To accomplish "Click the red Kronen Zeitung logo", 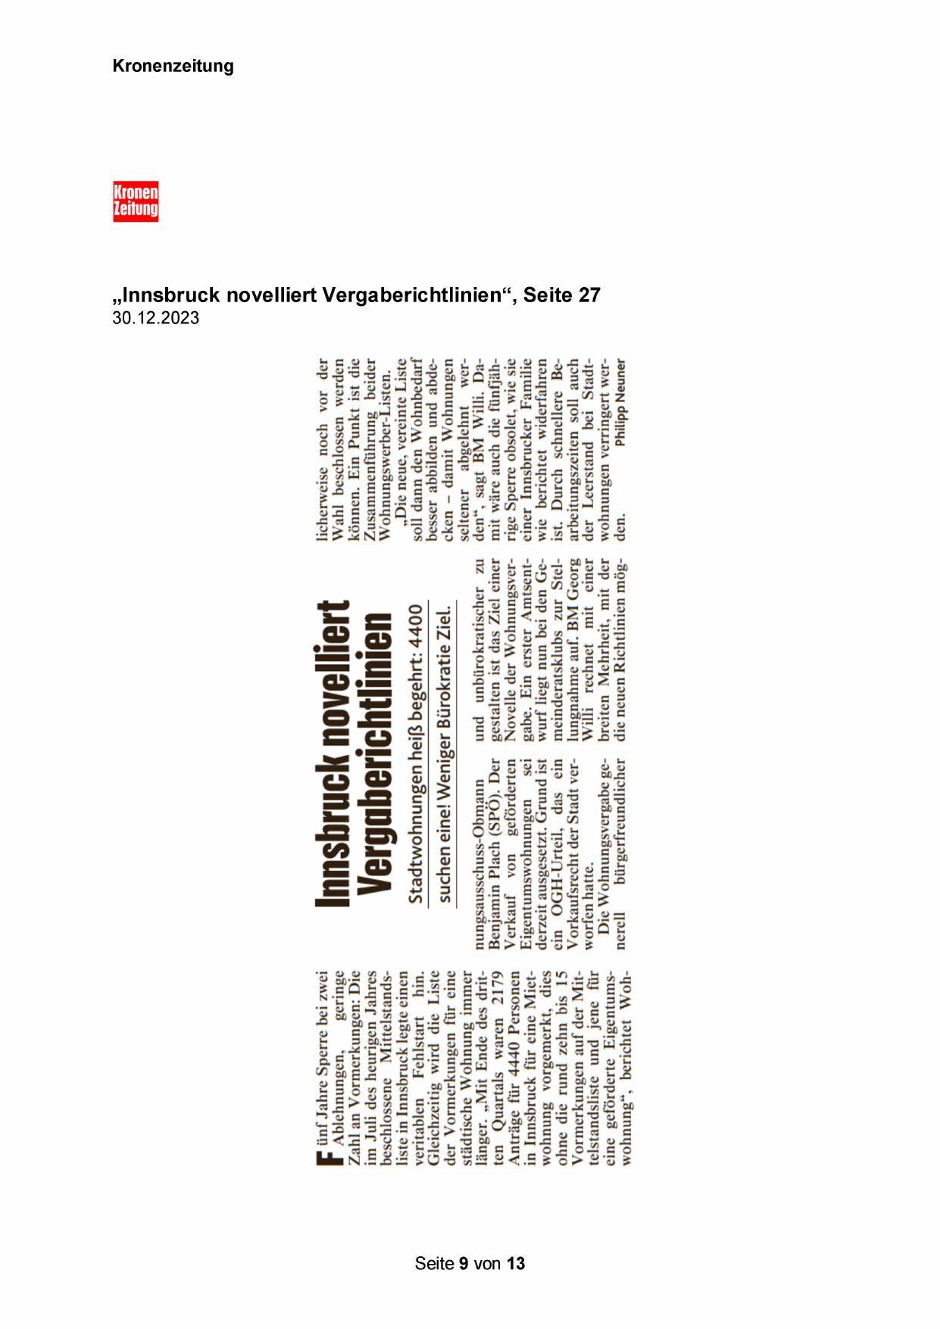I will [x=136, y=201].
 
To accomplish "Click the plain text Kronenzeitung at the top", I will [x=173, y=66].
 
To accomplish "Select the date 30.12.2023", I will [x=156, y=318].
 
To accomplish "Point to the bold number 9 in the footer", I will [x=464, y=1263].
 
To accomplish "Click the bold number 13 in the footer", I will [x=516, y=1263].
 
